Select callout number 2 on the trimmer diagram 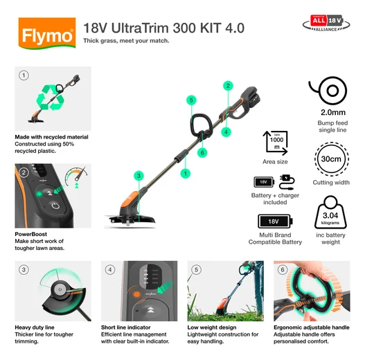(227, 86)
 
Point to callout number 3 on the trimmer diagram (139, 177)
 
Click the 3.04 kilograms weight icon (330, 218)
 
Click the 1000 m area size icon (276, 143)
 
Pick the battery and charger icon (275, 183)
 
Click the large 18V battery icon (276, 222)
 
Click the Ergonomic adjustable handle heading (312, 327)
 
